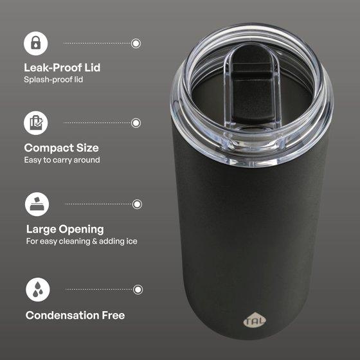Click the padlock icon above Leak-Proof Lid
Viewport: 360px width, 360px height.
36,44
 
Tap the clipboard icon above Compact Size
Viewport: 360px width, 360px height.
36,123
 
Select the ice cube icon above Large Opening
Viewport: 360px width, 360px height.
37,204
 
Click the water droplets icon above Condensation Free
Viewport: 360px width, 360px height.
38,289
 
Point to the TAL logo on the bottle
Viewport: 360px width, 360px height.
255,320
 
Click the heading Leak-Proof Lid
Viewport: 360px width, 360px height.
62,67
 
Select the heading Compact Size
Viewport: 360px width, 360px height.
62,148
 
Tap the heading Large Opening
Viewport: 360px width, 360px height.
65,230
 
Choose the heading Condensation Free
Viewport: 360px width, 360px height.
75,315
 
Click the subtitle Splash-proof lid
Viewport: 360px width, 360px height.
53,80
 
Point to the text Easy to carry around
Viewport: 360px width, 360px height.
62,160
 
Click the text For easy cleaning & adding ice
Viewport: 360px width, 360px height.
82,241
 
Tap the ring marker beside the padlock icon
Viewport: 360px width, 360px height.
136,43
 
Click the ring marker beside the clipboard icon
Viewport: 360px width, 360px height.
136,123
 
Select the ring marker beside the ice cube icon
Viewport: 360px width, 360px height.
137,204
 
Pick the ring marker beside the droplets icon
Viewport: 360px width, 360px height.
138,289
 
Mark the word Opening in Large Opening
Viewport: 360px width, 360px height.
81,230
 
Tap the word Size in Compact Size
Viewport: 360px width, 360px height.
87,148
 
